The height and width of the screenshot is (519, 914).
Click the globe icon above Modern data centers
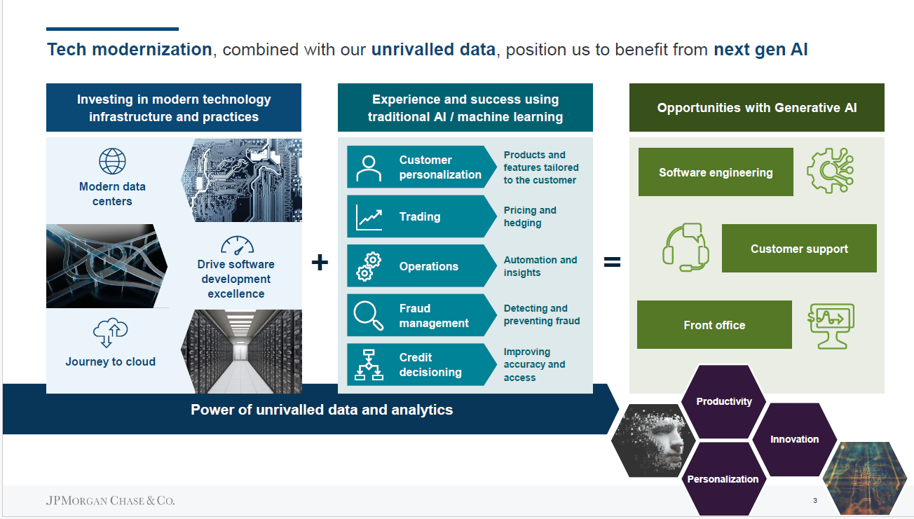[112, 161]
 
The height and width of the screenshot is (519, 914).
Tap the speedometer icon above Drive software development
[237, 245]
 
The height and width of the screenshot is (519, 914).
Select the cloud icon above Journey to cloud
[110, 332]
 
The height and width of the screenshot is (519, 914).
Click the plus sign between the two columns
[320, 262]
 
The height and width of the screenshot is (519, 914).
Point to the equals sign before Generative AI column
[612, 262]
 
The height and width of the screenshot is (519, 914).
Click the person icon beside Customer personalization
[369, 168]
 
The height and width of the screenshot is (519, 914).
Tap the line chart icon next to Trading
[369, 217]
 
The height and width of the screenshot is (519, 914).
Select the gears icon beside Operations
[369, 267]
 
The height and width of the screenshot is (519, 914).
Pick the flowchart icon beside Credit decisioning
[369, 364]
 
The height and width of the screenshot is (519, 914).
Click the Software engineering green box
[716, 172]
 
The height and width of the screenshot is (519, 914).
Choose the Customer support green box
[799, 248]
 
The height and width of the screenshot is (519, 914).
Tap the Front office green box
[714, 325]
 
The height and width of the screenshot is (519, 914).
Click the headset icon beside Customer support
[685, 247]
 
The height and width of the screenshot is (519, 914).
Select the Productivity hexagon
[724, 401]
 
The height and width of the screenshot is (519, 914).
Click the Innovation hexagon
[794, 439]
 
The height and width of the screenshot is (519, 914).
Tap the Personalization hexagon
[723, 479]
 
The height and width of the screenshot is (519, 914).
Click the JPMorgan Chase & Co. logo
[110, 500]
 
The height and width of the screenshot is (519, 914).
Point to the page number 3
[815, 500]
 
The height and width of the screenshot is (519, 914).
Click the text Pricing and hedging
[530, 216]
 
